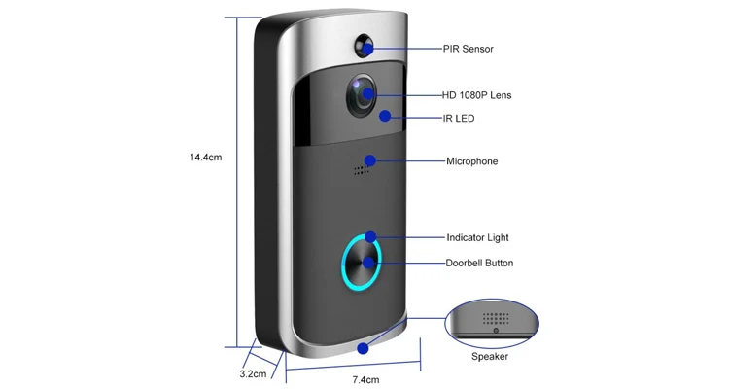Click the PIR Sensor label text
[x=474, y=48]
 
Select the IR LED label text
[x=463, y=119]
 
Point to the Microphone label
[x=471, y=161]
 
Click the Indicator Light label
[x=477, y=237]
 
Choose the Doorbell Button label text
[x=479, y=263]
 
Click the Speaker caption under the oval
[x=490, y=357]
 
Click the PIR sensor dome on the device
[x=365, y=48]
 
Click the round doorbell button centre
[x=361, y=263]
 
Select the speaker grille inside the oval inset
[x=497, y=317]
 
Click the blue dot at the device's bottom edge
[x=364, y=347]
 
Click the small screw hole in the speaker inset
[x=497, y=332]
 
